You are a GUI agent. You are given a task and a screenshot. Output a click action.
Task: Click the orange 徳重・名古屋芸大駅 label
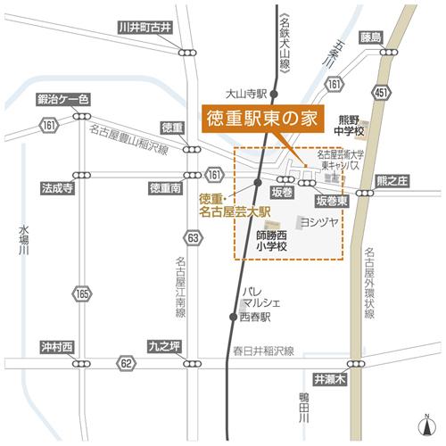(227, 205)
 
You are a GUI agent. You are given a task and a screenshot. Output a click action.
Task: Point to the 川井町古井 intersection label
(147, 28)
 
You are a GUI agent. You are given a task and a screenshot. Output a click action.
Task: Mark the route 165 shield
(83, 293)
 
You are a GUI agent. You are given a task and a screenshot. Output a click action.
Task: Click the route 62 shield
(127, 363)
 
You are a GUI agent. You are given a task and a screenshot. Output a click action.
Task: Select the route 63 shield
(193, 237)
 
